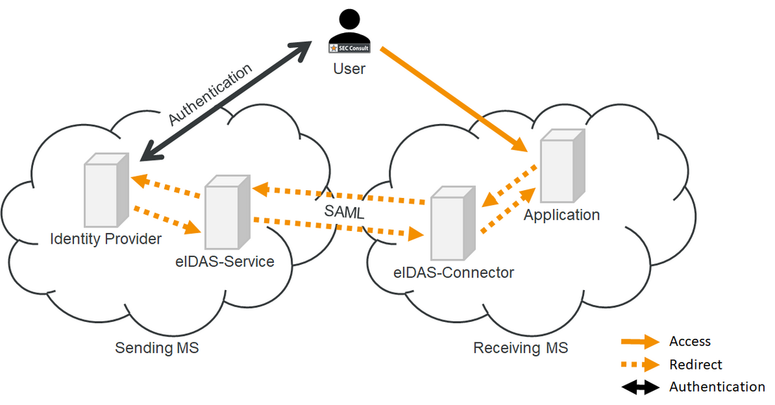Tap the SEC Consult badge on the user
[x=349, y=48]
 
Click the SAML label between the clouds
[x=345, y=211]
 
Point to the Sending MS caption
[x=157, y=347]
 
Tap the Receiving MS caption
[x=521, y=347]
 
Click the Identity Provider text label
[x=106, y=239]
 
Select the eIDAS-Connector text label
[x=454, y=272]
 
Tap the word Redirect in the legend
[x=695, y=365]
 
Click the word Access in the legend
[x=690, y=342]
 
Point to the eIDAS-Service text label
[x=225, y=261]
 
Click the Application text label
[x=562, y=215]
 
